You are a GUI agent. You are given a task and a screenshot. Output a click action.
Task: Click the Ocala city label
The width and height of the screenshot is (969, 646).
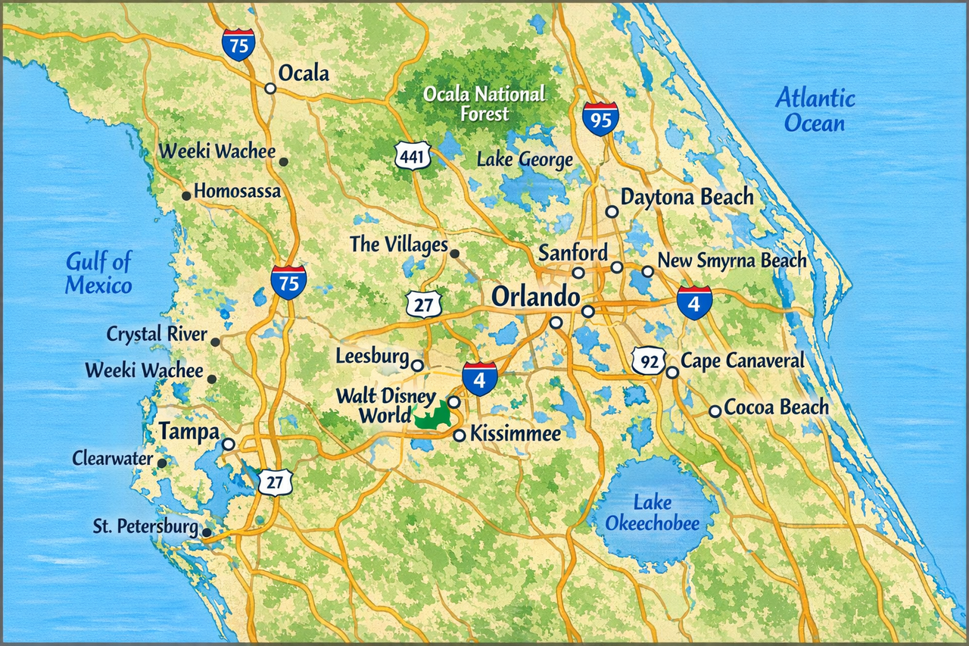[304, 73]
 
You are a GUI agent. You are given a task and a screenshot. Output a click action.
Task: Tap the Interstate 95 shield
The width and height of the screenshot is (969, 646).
[600, 119]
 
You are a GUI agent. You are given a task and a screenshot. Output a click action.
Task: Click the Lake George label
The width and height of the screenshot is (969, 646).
[524, 160]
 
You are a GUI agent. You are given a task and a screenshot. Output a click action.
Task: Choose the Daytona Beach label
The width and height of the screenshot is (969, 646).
[687, 198]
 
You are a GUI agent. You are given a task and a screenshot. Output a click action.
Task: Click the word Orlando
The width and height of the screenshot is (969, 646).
[537, 296]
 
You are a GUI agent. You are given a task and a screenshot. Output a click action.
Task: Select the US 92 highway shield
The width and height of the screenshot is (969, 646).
[650, 361]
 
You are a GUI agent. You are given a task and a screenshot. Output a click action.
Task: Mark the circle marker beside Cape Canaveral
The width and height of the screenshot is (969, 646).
[671, 372]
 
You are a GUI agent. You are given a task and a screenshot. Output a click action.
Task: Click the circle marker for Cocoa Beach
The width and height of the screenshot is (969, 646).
[714, 411]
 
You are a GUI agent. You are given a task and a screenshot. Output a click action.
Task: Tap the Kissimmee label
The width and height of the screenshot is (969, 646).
[516, 435]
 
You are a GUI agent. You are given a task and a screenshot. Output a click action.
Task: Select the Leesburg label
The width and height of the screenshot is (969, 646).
[372, 356]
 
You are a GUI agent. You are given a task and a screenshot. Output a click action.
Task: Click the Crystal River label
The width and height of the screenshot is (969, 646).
[157, 334]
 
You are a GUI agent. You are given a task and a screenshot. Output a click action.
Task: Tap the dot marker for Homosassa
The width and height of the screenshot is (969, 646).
[186, 196]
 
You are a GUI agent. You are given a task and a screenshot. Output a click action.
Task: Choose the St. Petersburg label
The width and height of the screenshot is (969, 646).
[145, 526]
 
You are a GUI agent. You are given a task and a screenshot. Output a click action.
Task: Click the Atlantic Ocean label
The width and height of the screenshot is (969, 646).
[815, 110]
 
